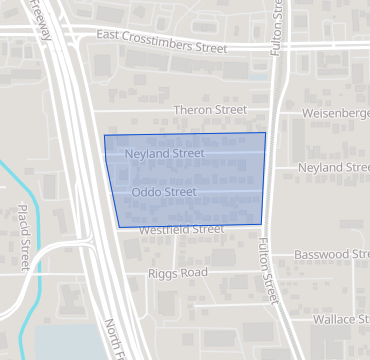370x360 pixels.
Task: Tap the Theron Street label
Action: [210, 109]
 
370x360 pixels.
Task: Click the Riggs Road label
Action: [177, 272]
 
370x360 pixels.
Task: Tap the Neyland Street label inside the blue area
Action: [166, 154]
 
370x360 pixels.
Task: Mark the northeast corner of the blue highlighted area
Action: [265, 133]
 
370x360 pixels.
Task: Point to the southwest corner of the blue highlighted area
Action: [119, 227]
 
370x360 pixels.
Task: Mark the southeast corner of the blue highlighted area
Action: [261, 224]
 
